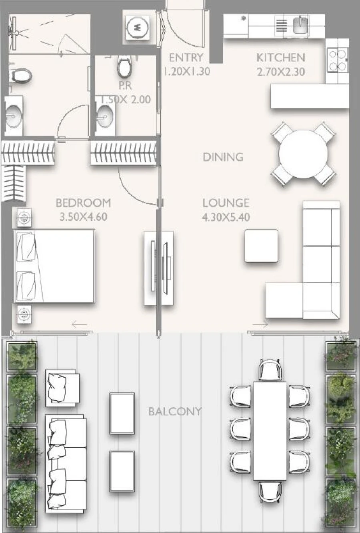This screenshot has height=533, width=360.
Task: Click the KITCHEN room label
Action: click(x=280, y=58)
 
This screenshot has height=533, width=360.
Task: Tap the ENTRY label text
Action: click(x=186, y=58)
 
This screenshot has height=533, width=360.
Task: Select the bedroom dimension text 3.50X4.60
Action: click(x=83, y=217)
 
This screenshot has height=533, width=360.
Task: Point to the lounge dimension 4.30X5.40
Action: click(x=226, y=217)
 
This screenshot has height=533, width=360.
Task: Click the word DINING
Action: click(x=223, y=157)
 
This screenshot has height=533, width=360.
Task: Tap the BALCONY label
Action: click(x=175, y=411)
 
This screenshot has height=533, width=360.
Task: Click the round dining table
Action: click(x=303, y=154)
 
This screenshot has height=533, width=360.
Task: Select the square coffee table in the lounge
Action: click(x=261, y=246)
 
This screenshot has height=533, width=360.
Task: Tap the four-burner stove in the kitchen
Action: click(x=337, y=60)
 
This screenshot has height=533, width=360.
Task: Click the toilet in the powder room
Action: click(x=124, y=67)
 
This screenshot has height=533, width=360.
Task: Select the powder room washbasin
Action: click(x=105, y=116)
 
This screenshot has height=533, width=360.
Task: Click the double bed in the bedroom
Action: click(x=54, y=266)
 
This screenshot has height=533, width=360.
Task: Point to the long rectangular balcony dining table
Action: click(x=270, y=431)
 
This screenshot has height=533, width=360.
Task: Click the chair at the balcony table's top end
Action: click(x=270, y=369)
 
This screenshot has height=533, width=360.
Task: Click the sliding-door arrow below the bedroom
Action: click(x=79, y=325)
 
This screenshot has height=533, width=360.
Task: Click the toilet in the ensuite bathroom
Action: click(x=20, y=75)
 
